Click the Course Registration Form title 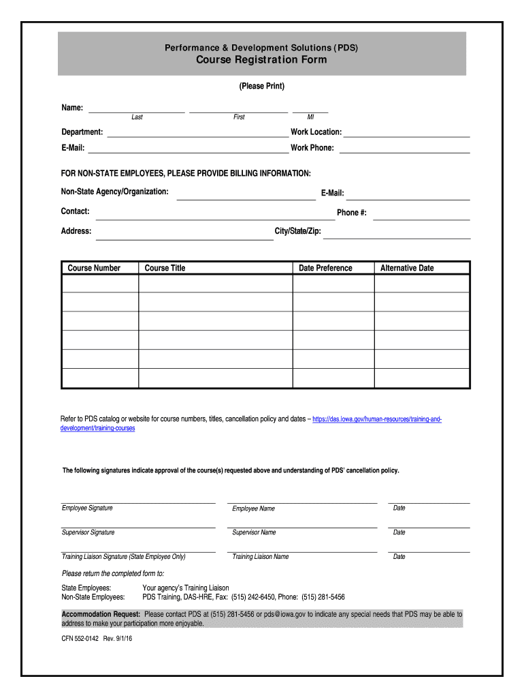tap(262, 60)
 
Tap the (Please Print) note tap(262, 87)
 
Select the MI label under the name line tap(310, 117)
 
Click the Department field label tap(82, 132)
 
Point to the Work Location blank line tap(406, 136)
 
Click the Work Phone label tap(312, 148)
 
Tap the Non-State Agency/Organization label tap(115, 192)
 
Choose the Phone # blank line tap(421, 218)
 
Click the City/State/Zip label tap(298, 232)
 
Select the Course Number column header tap(94, 269)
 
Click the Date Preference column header tap(325, 269)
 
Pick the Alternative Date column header tap(407, 269)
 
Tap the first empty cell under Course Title tap(216, 284)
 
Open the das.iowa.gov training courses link tap(377, 419)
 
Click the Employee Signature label tap(88, 509)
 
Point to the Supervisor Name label tap(254, 532)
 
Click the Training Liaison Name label tap(261, 557)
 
